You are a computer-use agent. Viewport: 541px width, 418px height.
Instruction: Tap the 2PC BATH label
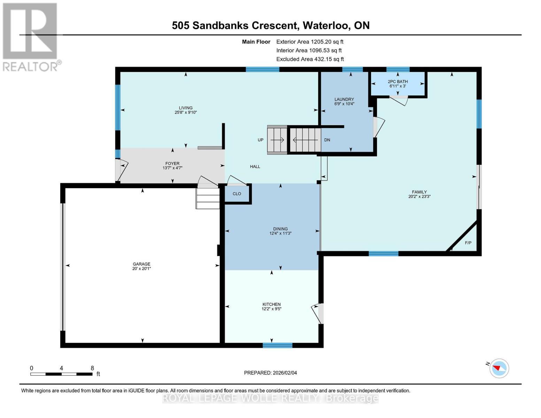coord(397,82)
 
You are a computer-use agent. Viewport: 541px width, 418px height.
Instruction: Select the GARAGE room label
coord(141,264)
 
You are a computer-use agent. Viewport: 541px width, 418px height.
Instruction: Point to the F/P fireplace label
coord(468,243)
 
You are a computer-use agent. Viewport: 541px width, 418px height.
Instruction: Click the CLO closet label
coord(237,194)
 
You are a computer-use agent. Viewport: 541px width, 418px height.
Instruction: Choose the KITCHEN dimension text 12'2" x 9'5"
coord(271,309)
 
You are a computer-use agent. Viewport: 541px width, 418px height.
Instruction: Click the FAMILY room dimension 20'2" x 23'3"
coord(419,196)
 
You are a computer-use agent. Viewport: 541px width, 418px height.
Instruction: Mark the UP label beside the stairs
coord(260,140)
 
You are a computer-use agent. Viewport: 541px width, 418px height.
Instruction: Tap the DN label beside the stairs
coord(327,140)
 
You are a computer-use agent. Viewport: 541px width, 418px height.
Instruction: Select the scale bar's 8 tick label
coord(92,368)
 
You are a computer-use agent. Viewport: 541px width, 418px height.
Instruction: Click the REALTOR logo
coord(31,37)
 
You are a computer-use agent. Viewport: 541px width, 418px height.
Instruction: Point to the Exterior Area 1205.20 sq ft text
coord(310,41)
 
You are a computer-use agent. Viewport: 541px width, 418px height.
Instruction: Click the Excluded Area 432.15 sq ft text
coord(310,59)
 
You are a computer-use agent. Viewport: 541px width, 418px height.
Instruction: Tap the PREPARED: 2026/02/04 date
coord(270,373)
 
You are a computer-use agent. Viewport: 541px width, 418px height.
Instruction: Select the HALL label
coord(255,167)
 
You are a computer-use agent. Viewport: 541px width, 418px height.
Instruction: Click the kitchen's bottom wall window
coord(277,345)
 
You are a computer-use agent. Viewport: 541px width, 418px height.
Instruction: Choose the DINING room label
coord(280,229)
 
